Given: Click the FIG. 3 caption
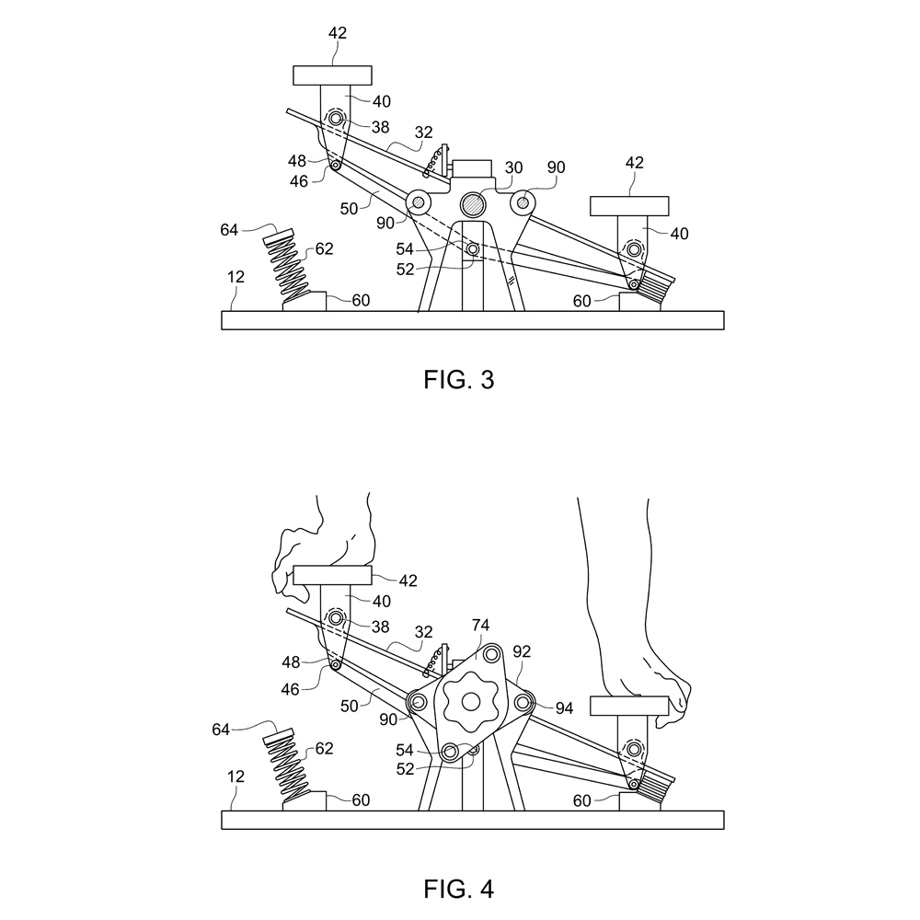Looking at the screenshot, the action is (459, 380).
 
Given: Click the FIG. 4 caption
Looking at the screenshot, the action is (459, 889).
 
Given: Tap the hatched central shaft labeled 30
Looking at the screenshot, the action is (472, 204).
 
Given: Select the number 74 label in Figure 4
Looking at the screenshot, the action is (480, 626).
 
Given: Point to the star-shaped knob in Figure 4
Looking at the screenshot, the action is (470, 702).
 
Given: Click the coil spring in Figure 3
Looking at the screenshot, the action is (286, 265).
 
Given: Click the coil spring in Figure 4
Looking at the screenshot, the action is (286, 765).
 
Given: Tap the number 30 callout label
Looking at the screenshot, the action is (513, 167).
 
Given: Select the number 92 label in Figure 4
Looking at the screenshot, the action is (522, 651).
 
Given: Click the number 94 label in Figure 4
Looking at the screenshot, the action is (564, 708).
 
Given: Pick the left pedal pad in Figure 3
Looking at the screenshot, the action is (332, 75).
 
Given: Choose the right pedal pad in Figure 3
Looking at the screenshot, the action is (629, 206).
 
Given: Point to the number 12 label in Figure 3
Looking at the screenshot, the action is (236, 276).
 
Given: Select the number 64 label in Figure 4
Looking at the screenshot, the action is (221, 730).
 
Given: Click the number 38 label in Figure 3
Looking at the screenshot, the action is (380, 127).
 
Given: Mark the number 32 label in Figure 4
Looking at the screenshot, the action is (423, 632).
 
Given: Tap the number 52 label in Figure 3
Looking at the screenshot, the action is (405, 270).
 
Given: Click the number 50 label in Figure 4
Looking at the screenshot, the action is (349, 706).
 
